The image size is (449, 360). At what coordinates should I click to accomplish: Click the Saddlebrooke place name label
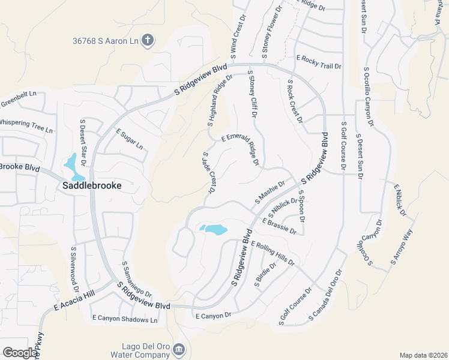coord(92,186)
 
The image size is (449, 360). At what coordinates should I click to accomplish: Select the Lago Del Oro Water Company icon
coord(179,349)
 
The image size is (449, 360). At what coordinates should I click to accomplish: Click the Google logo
coord(20,353)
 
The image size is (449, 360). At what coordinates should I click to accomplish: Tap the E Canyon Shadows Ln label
coord(124,320)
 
